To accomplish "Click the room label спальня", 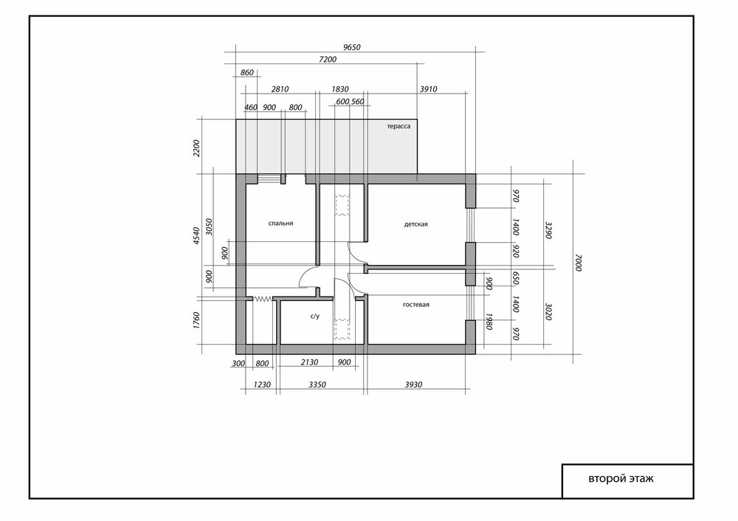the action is pos(280,223).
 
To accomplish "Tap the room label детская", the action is pos(416,224).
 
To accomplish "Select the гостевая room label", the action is pos(416,305).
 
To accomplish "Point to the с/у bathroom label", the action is pos(315,317).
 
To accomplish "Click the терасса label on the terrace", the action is pos(399,126).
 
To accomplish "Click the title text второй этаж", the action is pos(621,479).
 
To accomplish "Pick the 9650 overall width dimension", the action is pos(351,47).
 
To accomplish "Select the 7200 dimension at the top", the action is pos(328,59).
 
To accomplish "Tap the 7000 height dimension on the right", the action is pos(579,263).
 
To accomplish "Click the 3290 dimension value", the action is pos(548,230).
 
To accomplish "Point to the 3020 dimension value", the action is pos(548,311).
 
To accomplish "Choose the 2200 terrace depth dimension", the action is pos(197,148).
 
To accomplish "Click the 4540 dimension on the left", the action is pos(197,235).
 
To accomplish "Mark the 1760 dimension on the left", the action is pos(197,320).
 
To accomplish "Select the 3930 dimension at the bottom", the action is pos(413,384).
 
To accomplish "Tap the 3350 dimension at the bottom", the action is pos(317,384).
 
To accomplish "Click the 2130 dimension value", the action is pos(309,362).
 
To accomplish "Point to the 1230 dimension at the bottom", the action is pos(262,384).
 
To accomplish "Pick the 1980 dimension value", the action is pos(489,322).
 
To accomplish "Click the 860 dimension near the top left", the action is pos(247,72).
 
